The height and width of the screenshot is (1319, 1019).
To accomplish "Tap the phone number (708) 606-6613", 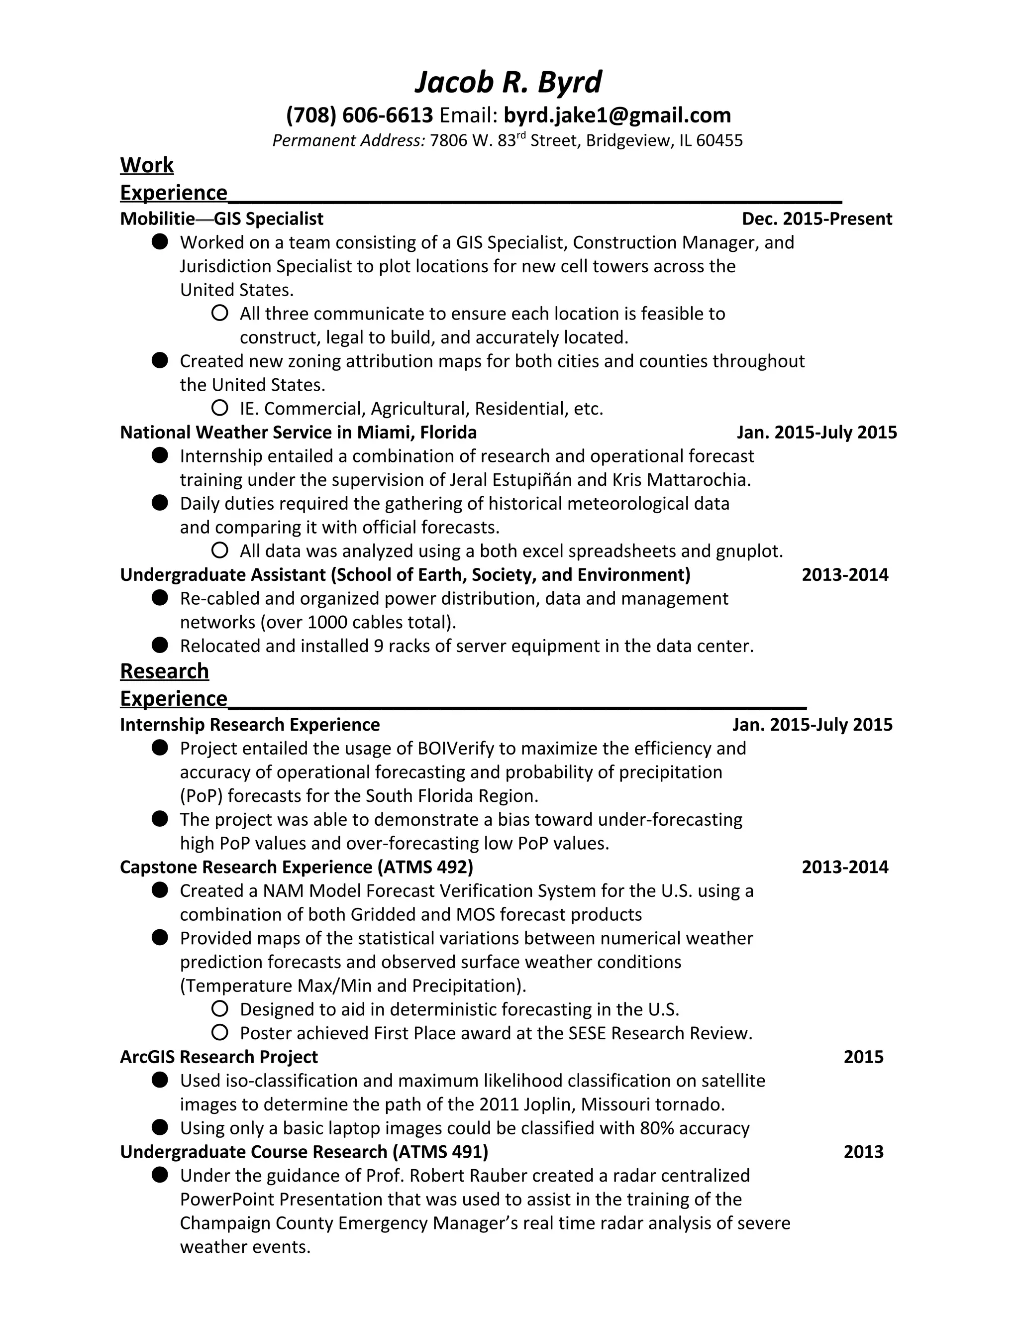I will (359, 115).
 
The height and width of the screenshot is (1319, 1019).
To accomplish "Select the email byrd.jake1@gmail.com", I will (617, 115).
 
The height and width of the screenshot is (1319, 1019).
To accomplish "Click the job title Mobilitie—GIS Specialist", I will (221, 219).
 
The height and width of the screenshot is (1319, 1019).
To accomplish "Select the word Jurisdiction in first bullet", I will (225, 266).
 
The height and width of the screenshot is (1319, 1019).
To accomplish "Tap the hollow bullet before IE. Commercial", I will (220, 408).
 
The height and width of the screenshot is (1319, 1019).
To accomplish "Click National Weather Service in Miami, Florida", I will (298, 433).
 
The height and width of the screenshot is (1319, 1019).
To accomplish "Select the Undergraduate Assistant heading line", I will (405, 574).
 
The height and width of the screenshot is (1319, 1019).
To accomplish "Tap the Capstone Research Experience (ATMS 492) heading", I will (297, 867).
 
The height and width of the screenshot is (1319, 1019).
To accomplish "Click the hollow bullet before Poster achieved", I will (220, 1033).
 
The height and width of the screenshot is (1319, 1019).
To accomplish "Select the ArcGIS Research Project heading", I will (218, 1057).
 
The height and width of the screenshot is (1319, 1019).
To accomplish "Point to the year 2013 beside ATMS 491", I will (863, 1152).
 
